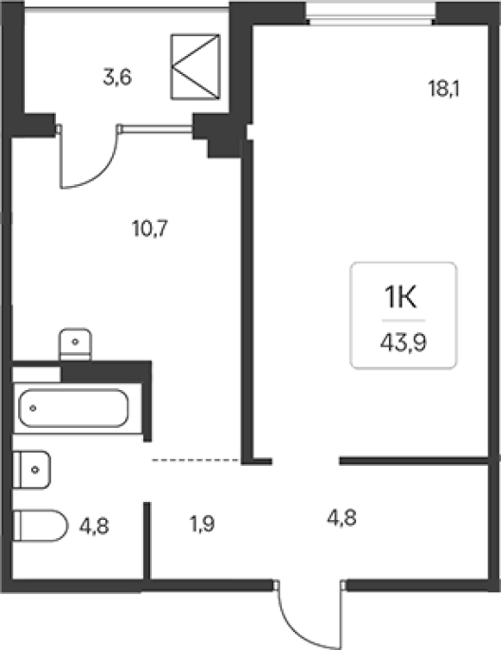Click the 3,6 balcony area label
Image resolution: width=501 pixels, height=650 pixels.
pos(118,78)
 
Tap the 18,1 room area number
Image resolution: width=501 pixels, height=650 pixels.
pos(444,88)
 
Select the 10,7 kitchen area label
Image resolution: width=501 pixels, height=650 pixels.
pos(150,229)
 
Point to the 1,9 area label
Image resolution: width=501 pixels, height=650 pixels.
pos(202,525)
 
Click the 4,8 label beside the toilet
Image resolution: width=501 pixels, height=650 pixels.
pos(94,527)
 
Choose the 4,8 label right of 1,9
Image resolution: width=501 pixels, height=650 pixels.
pos(342,518)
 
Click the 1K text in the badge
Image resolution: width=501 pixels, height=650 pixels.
pos(401,298)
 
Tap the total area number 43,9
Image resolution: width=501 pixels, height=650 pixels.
pos(403,343)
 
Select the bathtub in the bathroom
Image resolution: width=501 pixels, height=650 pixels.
pos(74,408)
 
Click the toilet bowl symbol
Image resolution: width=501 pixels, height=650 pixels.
pos(40,526)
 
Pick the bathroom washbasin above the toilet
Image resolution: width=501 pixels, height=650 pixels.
pos(32,470)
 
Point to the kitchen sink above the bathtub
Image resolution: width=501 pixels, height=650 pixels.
pos(75,344)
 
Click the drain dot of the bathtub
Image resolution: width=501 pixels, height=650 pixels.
pos(33,408)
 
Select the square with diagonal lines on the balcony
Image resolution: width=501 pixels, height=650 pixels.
pos(195,67)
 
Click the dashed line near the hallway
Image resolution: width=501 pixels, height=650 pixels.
pos(196,460)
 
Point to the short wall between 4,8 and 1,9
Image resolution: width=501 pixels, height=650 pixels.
pos(147,540)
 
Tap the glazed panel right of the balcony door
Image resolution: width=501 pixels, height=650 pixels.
pos(157,129)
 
